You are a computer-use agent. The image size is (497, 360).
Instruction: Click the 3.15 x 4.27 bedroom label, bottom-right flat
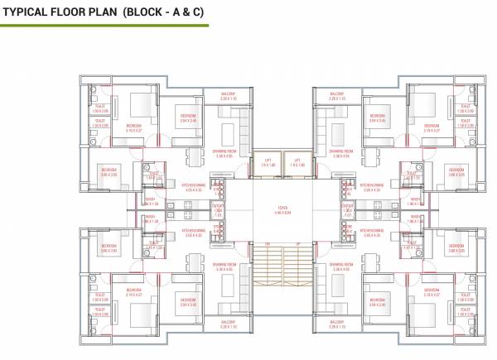(432, 292)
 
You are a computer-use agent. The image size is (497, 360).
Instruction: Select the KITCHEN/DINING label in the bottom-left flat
(194, 233)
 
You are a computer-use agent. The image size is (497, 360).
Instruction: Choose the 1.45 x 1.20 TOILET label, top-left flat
(152, 176)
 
